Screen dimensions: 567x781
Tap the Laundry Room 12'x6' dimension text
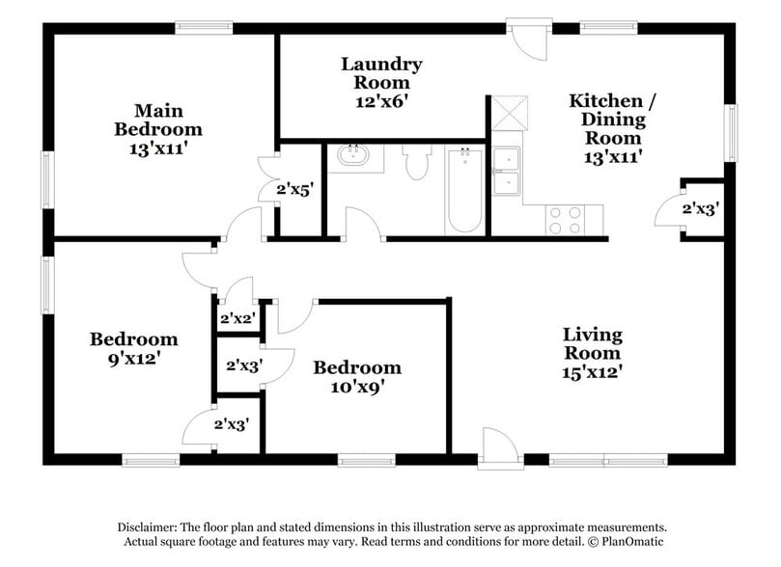coord(381,99)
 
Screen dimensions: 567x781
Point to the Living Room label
coord(593,352)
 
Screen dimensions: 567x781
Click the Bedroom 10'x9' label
coord(356,377)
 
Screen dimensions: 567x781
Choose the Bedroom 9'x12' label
coord(133,348)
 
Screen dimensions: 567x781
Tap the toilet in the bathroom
coord(416,162)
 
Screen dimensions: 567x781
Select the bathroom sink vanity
coord(353,157)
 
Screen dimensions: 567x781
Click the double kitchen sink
coord(506,172)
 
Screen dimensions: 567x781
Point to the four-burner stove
coord(564,220)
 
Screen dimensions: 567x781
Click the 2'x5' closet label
coord(295,189)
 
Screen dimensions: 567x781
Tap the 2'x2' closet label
coord(237,318)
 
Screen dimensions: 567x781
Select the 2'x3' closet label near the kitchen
coord(701,207)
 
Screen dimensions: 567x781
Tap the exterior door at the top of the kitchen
coord(527,39)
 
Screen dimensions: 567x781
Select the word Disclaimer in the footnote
coord(150,527)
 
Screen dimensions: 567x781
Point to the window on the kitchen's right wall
coord(731,135)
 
